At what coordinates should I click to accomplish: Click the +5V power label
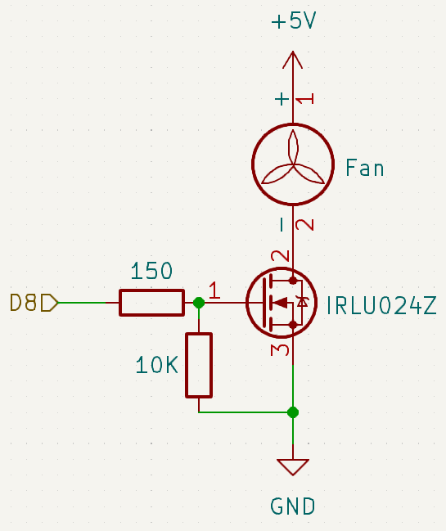pyautogui.click(x=293, y=20)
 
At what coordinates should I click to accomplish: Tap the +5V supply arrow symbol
pyautogui.click(x=293, y=61)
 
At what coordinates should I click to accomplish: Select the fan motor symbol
pyautogui.click(x=293, y=164)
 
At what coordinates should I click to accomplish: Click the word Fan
pyautogui.click(x=364, y=168)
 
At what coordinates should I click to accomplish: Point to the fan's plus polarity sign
pyautogui.click(x=282, y=99)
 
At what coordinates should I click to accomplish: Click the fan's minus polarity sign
pyautogui.click(x=282, y=224)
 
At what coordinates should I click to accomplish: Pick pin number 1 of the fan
pyautogui.click(x=305, y=99)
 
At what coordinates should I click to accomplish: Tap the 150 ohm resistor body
pyautogui.click(x=151, y=303)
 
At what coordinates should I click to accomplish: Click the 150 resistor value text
pyautogui.click(x=151, y=271)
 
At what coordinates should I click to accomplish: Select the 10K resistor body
pyautogui.click(x=199, y=365)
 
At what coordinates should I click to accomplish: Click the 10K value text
pyautogui.click(x=156, y=366)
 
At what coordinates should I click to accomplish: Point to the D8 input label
pyautogui.click(x=34, y=303)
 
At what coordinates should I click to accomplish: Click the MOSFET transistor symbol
pyautogui.click(x=282, y=303)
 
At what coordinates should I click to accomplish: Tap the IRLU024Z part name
pyautogui.click(x=381, y=306)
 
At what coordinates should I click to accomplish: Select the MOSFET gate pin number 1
pyautogui.click(x=214, y=290)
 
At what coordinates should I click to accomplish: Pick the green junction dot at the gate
pyautogui.click(x=199, y=303)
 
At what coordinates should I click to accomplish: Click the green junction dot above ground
pyautogui.click(x=293, y=412)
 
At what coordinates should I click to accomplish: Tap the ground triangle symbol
pyautogui.click(x=293, y=467)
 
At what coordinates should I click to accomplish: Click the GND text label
pyautogui.click(x=293, y=506)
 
